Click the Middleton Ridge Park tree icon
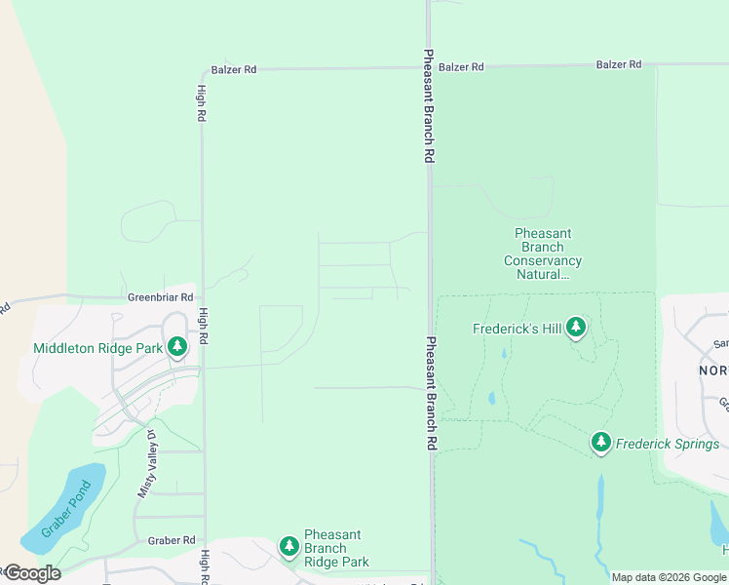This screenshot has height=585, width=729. click(176, 346)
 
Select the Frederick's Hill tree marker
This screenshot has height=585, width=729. click(576, 328)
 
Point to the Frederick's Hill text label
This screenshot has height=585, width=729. click(518, 330)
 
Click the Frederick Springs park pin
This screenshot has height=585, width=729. click(601, 444)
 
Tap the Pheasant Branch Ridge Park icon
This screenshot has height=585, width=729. click(288, 547)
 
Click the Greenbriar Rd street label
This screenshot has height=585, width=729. click(161, 296)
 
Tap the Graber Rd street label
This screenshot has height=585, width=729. click(172, 540)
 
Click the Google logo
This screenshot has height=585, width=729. click(32, 573)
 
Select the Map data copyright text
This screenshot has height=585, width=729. click(669, 577)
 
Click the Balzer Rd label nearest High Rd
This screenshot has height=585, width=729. click(234, 70)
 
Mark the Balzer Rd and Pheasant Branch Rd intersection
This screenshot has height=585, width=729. click(429, 67)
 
